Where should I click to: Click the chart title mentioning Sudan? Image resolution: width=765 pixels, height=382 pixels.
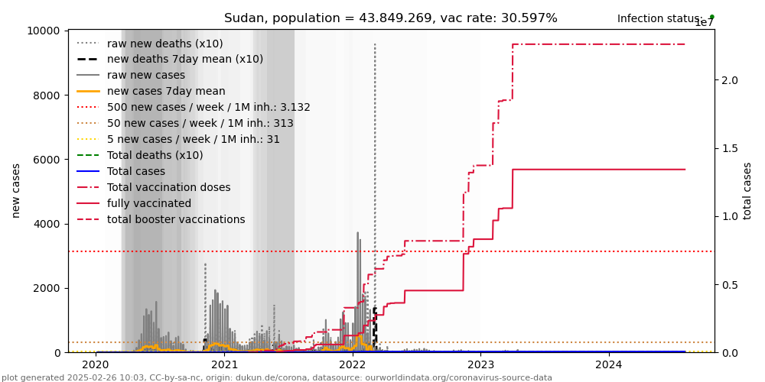[390, 18]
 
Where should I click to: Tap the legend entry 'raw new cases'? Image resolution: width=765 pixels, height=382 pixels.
[146, 76]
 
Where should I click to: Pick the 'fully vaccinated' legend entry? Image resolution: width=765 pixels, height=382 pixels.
[149, 204]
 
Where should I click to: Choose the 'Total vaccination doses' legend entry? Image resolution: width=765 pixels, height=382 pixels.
[168, 188]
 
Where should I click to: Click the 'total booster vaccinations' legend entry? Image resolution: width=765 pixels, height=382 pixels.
[176, 220]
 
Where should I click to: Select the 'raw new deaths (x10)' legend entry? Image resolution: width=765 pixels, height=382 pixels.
[165, 44]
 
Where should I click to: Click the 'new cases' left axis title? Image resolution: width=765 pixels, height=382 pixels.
[16, 190]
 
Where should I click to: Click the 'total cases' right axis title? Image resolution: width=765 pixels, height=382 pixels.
[748, 190]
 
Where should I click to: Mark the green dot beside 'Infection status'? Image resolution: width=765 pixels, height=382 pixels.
[711, 17]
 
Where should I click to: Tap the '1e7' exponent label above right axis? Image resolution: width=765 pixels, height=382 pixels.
[704, 24]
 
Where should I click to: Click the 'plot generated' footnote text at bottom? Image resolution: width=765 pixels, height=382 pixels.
[276, 377]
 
